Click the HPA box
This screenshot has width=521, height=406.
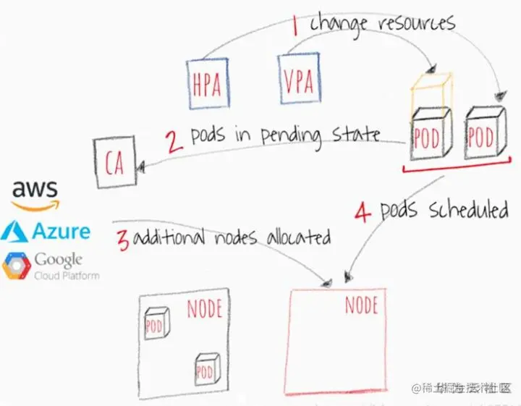click(x=207, y=84)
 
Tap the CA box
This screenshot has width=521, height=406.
click(x=114, y=164)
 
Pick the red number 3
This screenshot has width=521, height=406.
click(x=123, y=240)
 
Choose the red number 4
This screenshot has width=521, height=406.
click(x=363, y=213)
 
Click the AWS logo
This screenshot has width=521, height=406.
click(x=34, y=194)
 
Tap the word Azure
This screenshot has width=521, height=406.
click(x=61, y=232)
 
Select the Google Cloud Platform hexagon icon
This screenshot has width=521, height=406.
click(x=14, y=266)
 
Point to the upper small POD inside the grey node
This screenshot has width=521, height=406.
click(x=155, y=323)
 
